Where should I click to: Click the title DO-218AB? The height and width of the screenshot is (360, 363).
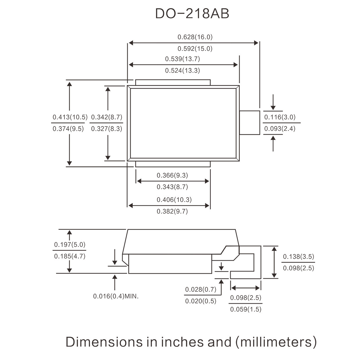coord(192,14)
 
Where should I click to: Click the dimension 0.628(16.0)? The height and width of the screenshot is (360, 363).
coord(195,37)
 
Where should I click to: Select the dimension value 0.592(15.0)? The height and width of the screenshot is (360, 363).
coord(195,49)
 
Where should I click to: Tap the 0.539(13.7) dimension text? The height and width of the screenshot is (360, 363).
coord(183,59)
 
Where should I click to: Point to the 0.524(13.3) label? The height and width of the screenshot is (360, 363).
coord(183,70)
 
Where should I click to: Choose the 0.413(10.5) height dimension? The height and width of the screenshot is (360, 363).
coord(70,117)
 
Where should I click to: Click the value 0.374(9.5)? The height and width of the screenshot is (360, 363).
coord(68,128)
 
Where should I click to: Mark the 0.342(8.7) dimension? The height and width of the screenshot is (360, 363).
coord(107,117)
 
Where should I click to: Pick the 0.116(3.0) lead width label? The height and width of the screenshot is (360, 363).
coord(280,117)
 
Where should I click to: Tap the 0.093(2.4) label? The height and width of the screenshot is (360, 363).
coord(280,128)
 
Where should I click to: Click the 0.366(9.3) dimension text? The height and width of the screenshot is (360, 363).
coord(172,175)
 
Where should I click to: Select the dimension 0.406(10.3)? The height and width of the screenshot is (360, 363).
coord(174,200)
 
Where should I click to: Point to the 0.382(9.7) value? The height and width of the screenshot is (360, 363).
coord(172,211)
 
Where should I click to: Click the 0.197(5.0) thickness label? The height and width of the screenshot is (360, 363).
coord(70,245)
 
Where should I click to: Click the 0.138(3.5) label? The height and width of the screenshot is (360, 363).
coord(299,257)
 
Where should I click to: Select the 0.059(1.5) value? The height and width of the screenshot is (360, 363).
coord(246,309)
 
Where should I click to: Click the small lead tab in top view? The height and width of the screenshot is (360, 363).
coord(249,123)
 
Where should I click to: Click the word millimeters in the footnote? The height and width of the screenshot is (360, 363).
coord(276,342)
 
